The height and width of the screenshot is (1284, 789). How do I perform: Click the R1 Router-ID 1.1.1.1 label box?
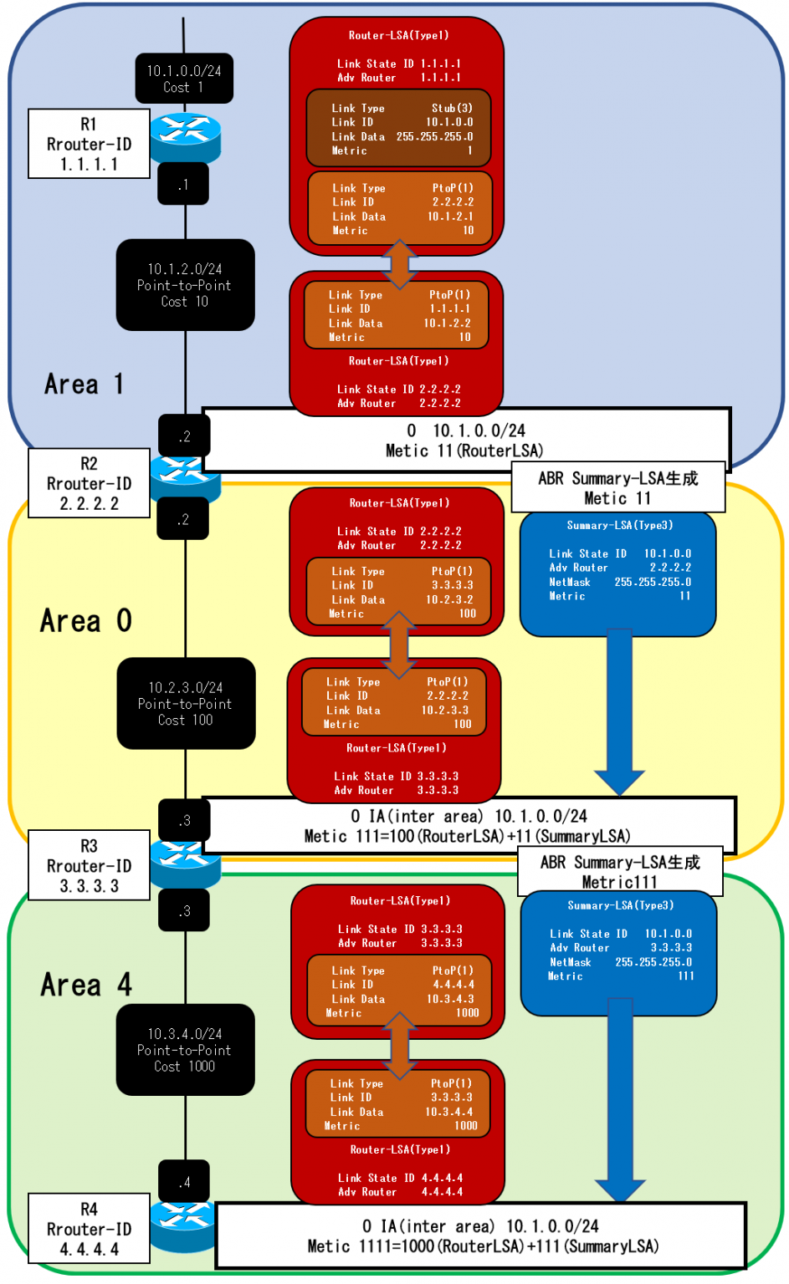89,144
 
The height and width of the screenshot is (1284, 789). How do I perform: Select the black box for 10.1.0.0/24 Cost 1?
184,79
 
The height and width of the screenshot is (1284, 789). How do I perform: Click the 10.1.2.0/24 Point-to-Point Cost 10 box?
185,285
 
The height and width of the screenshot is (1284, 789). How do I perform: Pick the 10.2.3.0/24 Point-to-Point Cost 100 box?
186,703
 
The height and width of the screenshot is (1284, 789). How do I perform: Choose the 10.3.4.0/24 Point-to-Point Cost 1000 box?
185,1049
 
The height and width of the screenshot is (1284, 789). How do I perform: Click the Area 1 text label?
84,385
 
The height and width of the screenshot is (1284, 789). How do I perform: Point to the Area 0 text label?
85,621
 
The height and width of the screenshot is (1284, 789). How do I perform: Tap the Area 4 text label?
86,985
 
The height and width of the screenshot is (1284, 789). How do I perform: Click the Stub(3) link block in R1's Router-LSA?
398,129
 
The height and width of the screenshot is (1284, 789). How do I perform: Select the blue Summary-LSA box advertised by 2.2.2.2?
617,573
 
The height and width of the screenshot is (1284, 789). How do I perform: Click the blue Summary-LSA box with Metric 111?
618,953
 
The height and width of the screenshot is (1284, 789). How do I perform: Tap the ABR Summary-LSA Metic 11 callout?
617,487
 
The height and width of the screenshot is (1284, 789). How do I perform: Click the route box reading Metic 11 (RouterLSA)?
465,440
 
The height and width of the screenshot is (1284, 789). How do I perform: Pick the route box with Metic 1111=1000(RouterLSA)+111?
481,1236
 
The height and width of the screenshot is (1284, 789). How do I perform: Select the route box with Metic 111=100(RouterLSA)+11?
469,826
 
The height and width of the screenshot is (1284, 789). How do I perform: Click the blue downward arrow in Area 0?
619,711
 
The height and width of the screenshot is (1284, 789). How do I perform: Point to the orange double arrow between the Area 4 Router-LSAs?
400,1045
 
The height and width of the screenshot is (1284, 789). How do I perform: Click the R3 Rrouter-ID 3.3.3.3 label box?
89,865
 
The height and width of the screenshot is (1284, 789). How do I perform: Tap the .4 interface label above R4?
184,1181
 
